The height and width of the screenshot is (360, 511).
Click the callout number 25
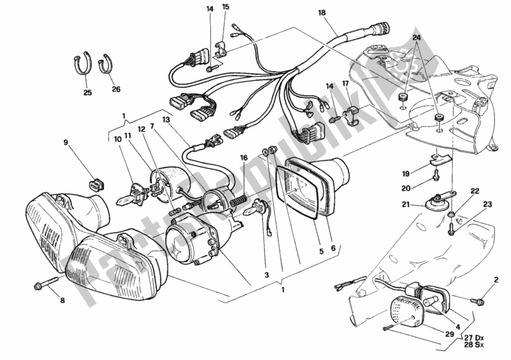(88, 93)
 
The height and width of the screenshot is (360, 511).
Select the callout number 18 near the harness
(321, 12)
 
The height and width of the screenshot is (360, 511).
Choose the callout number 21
(407, 204)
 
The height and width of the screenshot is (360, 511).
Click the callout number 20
(407, 188)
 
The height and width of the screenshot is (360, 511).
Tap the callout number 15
(225, 8)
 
